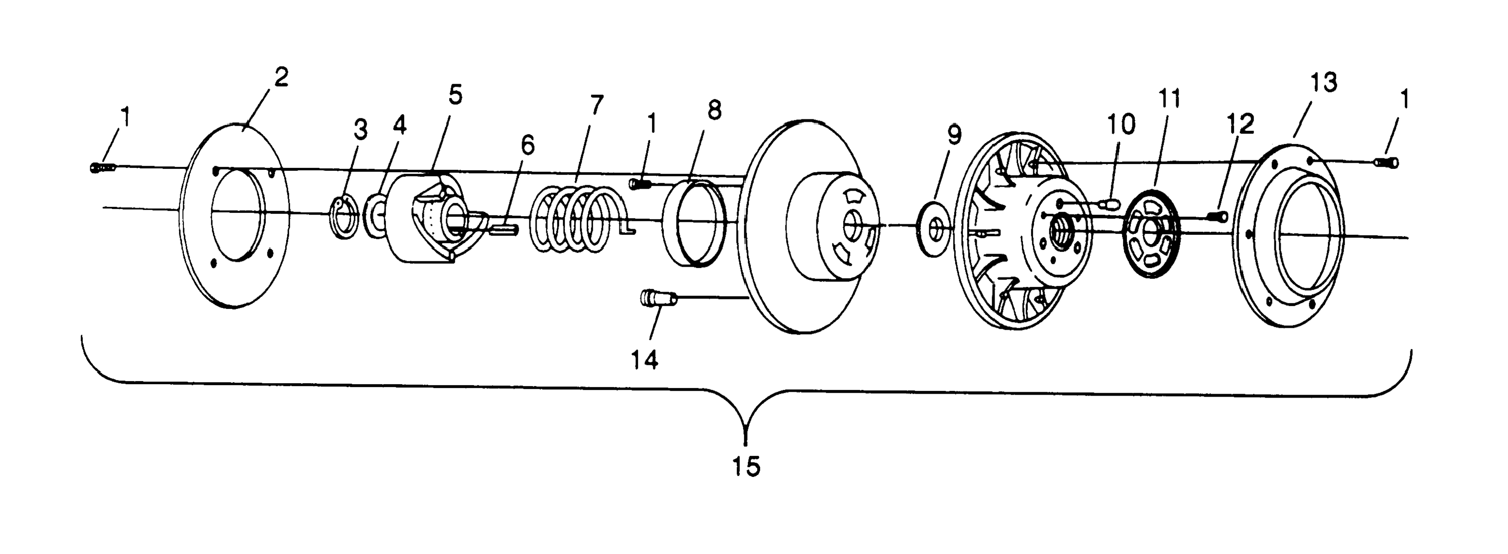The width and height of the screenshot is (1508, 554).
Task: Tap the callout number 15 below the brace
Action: tap(746, 466)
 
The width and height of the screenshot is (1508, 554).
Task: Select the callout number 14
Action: tap(644, 360)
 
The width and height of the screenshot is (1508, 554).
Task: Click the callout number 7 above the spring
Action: tap(596, 105)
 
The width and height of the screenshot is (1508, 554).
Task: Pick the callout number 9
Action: tap(954, 135)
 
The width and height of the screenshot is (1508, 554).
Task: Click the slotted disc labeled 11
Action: tap(1152, 232)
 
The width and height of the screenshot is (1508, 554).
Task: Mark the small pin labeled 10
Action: tap(1109, 205)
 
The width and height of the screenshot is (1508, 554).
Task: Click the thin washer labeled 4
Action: tap(376, 217)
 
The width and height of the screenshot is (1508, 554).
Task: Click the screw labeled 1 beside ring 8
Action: tap(640, 184)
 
